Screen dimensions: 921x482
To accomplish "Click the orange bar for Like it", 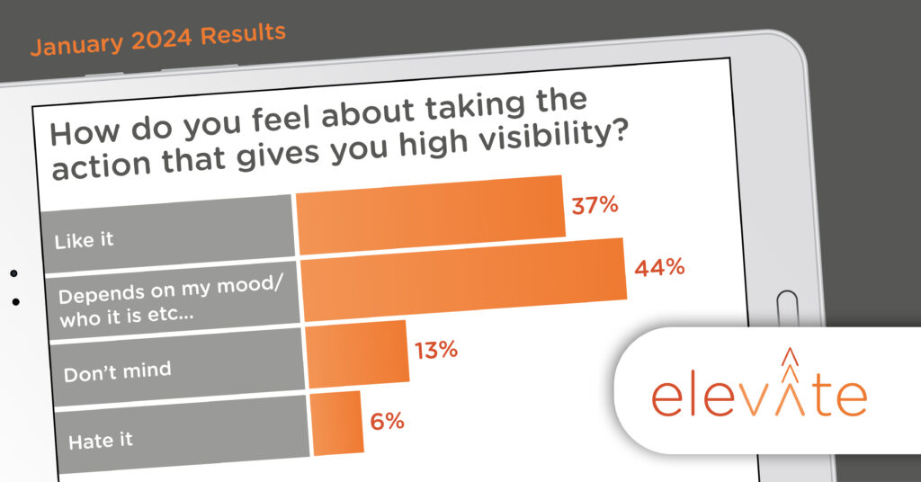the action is point(430,215).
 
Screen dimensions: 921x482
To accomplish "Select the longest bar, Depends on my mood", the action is point(464,280).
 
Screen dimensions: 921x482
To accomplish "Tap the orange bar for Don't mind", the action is point(357,354).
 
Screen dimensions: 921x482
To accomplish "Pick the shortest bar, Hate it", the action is point(336,424).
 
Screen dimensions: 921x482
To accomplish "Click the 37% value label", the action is point(595,205).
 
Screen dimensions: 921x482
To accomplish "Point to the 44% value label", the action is point(659,268).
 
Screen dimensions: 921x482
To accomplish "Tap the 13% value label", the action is point(436,351).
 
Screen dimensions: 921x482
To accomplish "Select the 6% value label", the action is point(387,421).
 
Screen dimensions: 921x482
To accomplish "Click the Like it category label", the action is point(84,240).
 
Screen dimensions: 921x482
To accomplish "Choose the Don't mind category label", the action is point(118,372).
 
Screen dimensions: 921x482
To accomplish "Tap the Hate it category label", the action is point(101,441).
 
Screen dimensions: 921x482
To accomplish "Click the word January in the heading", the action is point(77,45).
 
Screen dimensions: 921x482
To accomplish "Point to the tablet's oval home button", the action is point(787,308).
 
